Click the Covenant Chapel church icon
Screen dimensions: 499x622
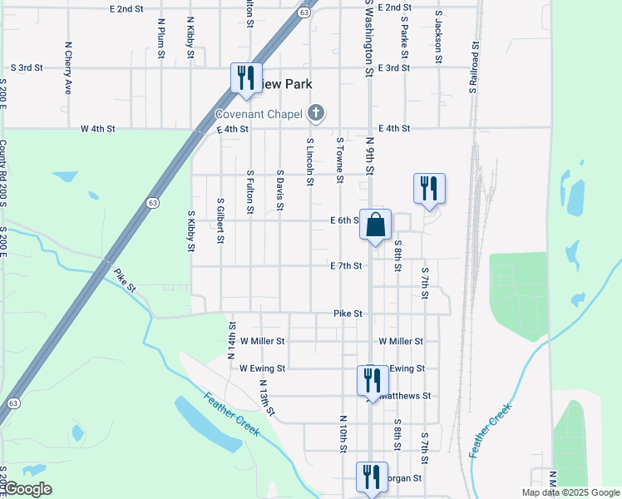[315, 112]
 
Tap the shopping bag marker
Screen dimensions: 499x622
[375, 224]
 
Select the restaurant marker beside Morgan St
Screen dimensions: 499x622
[372, 477]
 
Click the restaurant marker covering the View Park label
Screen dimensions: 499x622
[245, 78]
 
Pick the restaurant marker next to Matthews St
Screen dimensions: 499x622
[372, 381]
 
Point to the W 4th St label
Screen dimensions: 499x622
[97, 129]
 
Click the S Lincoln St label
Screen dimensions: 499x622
[309, 156]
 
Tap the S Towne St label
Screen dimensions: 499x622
[339, 161]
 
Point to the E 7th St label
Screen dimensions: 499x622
[346, 266]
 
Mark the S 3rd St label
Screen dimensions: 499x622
[26, 68]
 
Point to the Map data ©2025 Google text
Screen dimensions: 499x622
[570, 492]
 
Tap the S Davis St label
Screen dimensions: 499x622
[280, 190]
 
